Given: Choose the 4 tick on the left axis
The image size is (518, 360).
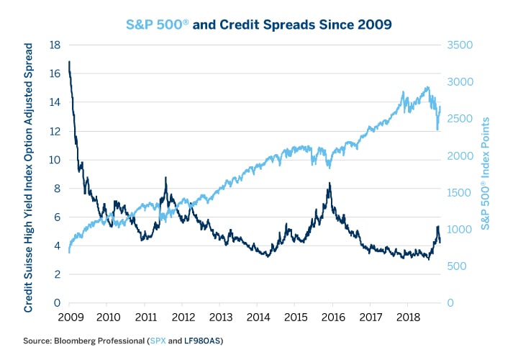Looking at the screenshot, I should [x=56, y=246].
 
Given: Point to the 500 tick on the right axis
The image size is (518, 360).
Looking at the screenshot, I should [x=455, y=266].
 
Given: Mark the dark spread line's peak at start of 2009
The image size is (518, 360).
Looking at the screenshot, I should [x=70, y=62].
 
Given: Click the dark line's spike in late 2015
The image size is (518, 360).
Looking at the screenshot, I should [x=330, y=184].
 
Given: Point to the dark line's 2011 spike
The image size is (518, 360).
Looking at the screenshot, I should [x=166, y=178].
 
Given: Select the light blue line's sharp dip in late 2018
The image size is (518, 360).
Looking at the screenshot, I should [x=437, y=130].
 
